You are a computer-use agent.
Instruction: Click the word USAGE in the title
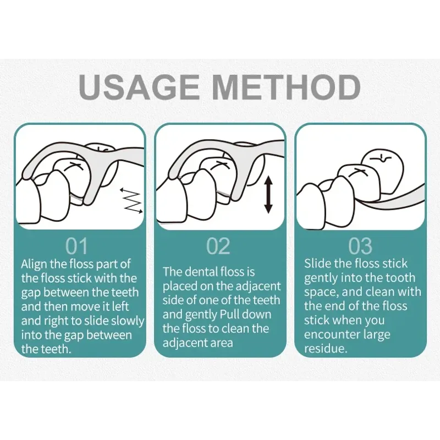tap(139, 86)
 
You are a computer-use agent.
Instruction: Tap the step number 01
tap(76, 246)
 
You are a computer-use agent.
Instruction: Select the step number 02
tap(218, 246)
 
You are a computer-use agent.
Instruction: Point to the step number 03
tap(360, 246)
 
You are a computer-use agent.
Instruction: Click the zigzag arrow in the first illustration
tap(131, 200)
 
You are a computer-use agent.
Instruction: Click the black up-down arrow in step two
tap(268, 195)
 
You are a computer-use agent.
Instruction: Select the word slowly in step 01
tap(128, 321)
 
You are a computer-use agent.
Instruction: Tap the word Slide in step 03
tap(317, 264)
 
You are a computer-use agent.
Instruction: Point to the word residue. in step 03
tap(326, 349)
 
